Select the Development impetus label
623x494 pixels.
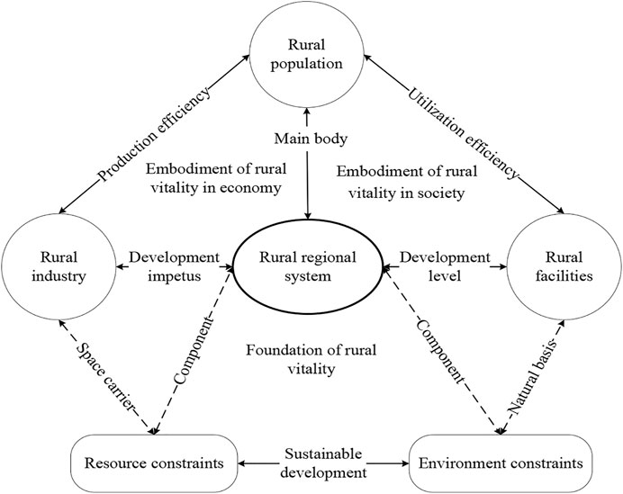(173, 267)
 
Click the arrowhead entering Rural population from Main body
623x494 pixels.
(308, 112)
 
